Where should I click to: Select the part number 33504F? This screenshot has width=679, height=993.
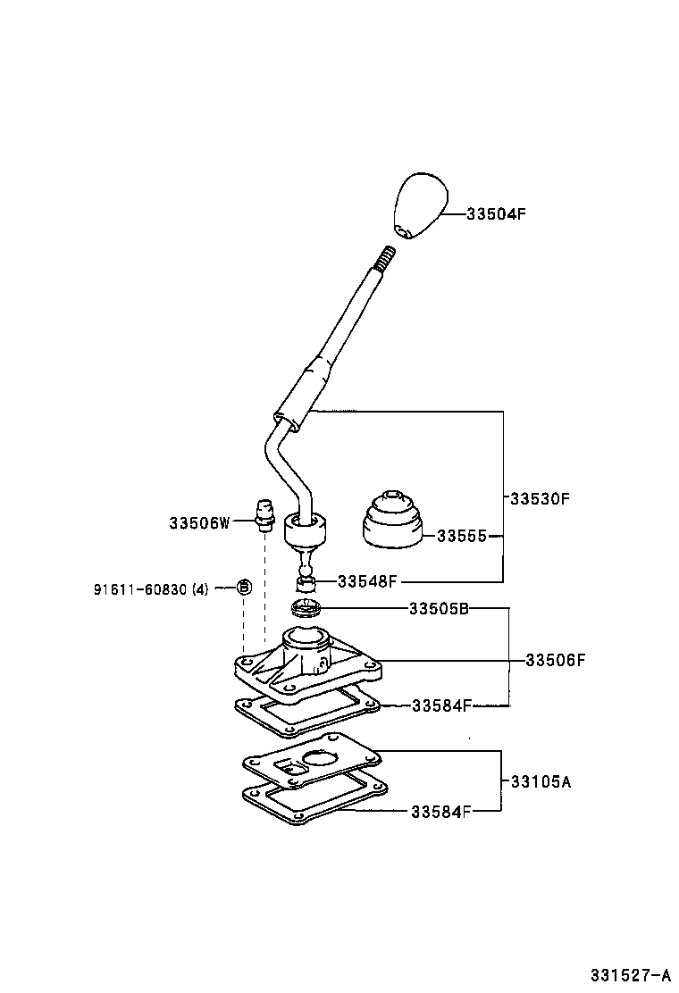pyautogui.click(x=496, y=214)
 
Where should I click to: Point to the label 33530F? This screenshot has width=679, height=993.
pyautogui.click(x=540, y=498)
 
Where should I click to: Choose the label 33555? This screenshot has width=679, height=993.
pyautogui.click(x=461, y=537)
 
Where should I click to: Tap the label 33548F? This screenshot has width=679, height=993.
pyautogui.click(x=366, y=581)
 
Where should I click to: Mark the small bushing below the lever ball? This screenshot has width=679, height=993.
pyautogui.click(x=306, y=584)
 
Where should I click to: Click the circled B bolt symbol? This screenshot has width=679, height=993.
pyautogui.click(x=244, y=588)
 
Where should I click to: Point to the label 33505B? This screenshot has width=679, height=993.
pyautogui.click(x=440, y=609)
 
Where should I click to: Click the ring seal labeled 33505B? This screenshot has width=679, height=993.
pyautogui.click(x=307, y=608)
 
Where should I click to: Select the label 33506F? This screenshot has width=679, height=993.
pyautogui.click(x=555, y=661)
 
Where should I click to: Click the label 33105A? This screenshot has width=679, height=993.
pyautogui.click(x=541, y=781)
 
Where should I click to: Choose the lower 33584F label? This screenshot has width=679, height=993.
pyautogui.click(x=441, y=812)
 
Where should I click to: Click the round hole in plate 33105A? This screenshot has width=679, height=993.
pyautogui.click(x=320, y=759)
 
